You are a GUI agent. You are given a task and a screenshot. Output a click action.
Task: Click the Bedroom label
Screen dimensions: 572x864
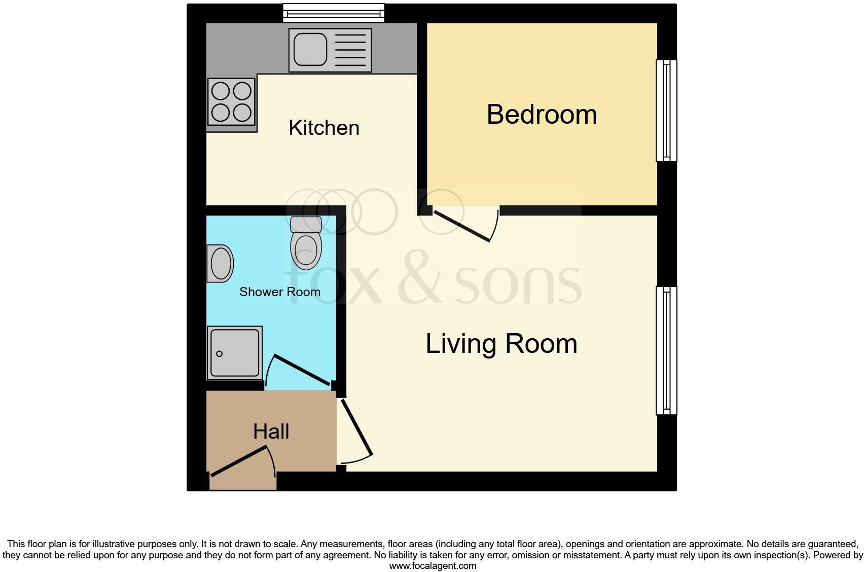tap(542, 115)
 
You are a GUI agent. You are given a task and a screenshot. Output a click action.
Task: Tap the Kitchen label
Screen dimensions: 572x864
tap(324, 128)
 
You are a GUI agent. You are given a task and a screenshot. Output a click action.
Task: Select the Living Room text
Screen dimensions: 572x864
tap(501, 344)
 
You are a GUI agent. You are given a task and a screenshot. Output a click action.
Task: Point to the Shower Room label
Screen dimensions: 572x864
tap(279, 292)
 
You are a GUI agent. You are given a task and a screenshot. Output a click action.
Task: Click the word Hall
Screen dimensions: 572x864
tap(271, 432)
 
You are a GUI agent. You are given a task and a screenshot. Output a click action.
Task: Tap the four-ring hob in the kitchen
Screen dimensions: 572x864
tap(231, 102)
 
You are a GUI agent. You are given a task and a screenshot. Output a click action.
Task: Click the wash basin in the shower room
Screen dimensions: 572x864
tap(220, 264)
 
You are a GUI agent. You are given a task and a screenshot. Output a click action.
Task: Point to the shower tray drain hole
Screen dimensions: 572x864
tap(220, 354)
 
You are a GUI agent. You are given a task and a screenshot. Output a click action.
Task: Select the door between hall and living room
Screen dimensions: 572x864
tap(357, 428)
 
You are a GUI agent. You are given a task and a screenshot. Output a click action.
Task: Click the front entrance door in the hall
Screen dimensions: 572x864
tap(239, 461)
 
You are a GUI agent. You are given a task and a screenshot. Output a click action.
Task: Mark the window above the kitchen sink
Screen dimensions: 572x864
tap(334, 12)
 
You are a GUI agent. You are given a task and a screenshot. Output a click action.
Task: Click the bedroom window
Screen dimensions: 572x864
tap(666, 111)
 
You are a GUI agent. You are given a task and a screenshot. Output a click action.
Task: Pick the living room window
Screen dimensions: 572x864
tap(666, 350)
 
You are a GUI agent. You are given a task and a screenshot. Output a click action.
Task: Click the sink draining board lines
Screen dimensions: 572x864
tap(350, 50)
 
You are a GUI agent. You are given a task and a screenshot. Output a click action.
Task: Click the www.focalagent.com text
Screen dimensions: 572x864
tap(433, 566)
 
